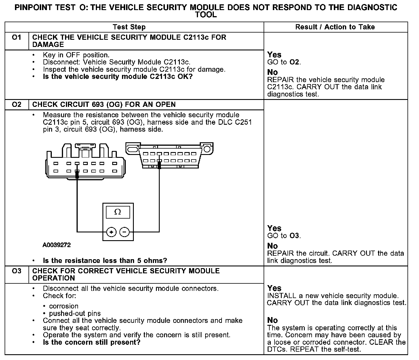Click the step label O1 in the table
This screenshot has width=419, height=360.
click(17, 37)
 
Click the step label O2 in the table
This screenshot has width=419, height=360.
click(17, 104)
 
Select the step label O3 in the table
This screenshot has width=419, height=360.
click(17, 271)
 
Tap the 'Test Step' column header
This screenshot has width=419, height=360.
click(129, 27)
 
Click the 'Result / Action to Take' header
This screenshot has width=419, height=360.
click(335, 27)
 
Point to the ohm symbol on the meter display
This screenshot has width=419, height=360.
click(118, 212)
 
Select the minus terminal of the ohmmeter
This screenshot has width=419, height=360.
click(124, 232)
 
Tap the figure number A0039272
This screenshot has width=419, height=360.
click(57, 245)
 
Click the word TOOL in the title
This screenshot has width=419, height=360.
click(206, 15)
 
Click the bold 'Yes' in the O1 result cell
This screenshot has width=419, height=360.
click(274, 55)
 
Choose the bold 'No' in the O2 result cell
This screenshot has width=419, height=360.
click(273, 246)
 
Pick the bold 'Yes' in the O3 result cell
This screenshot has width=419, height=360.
click(274, 288)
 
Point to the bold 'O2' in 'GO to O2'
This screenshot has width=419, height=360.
click(294, 62)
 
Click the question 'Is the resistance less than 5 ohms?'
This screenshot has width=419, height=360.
click(105, 261)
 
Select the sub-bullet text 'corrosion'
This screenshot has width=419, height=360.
click(64, 306)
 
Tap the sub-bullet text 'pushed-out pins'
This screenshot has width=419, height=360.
click(75, 313)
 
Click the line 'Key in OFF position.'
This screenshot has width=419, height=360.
click(76, 55)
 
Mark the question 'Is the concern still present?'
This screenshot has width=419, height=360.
click(92, 342)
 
